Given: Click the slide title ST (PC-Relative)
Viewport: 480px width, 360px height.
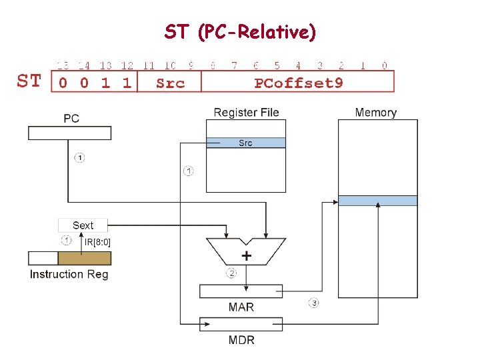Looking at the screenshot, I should coord(240,31).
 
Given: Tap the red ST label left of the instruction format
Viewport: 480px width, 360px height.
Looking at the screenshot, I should coord(29,82).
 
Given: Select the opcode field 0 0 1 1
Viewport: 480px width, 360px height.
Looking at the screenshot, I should coord(94,83).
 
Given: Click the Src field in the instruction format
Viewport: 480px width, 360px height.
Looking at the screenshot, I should coord(169,83).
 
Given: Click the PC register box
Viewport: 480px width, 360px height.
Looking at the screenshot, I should coord(70,133).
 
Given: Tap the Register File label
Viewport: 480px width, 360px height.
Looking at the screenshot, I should coord(246,113).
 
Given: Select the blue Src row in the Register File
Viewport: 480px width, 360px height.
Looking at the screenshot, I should coord(245,143).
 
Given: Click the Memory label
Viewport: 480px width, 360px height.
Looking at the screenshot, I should coord(376,113).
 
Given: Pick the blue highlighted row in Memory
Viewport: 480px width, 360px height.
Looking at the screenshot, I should coord(377,201).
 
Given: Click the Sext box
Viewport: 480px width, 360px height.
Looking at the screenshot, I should coord(83,225).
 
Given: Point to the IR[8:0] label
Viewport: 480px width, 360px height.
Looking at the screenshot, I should coord(97,241).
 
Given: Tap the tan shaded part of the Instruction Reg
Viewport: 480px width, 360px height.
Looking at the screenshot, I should coord(83,259).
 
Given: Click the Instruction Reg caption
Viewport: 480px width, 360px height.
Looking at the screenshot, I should coord(69,274).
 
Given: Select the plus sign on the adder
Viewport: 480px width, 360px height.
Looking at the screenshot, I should coord(247,255).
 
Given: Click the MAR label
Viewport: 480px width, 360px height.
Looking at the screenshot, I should coord(241,307).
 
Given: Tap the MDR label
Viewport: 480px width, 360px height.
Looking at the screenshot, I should coord(241,340).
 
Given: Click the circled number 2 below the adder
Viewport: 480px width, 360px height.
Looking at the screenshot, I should coord(231,273).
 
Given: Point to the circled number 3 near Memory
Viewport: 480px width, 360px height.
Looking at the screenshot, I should coord(313,303).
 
